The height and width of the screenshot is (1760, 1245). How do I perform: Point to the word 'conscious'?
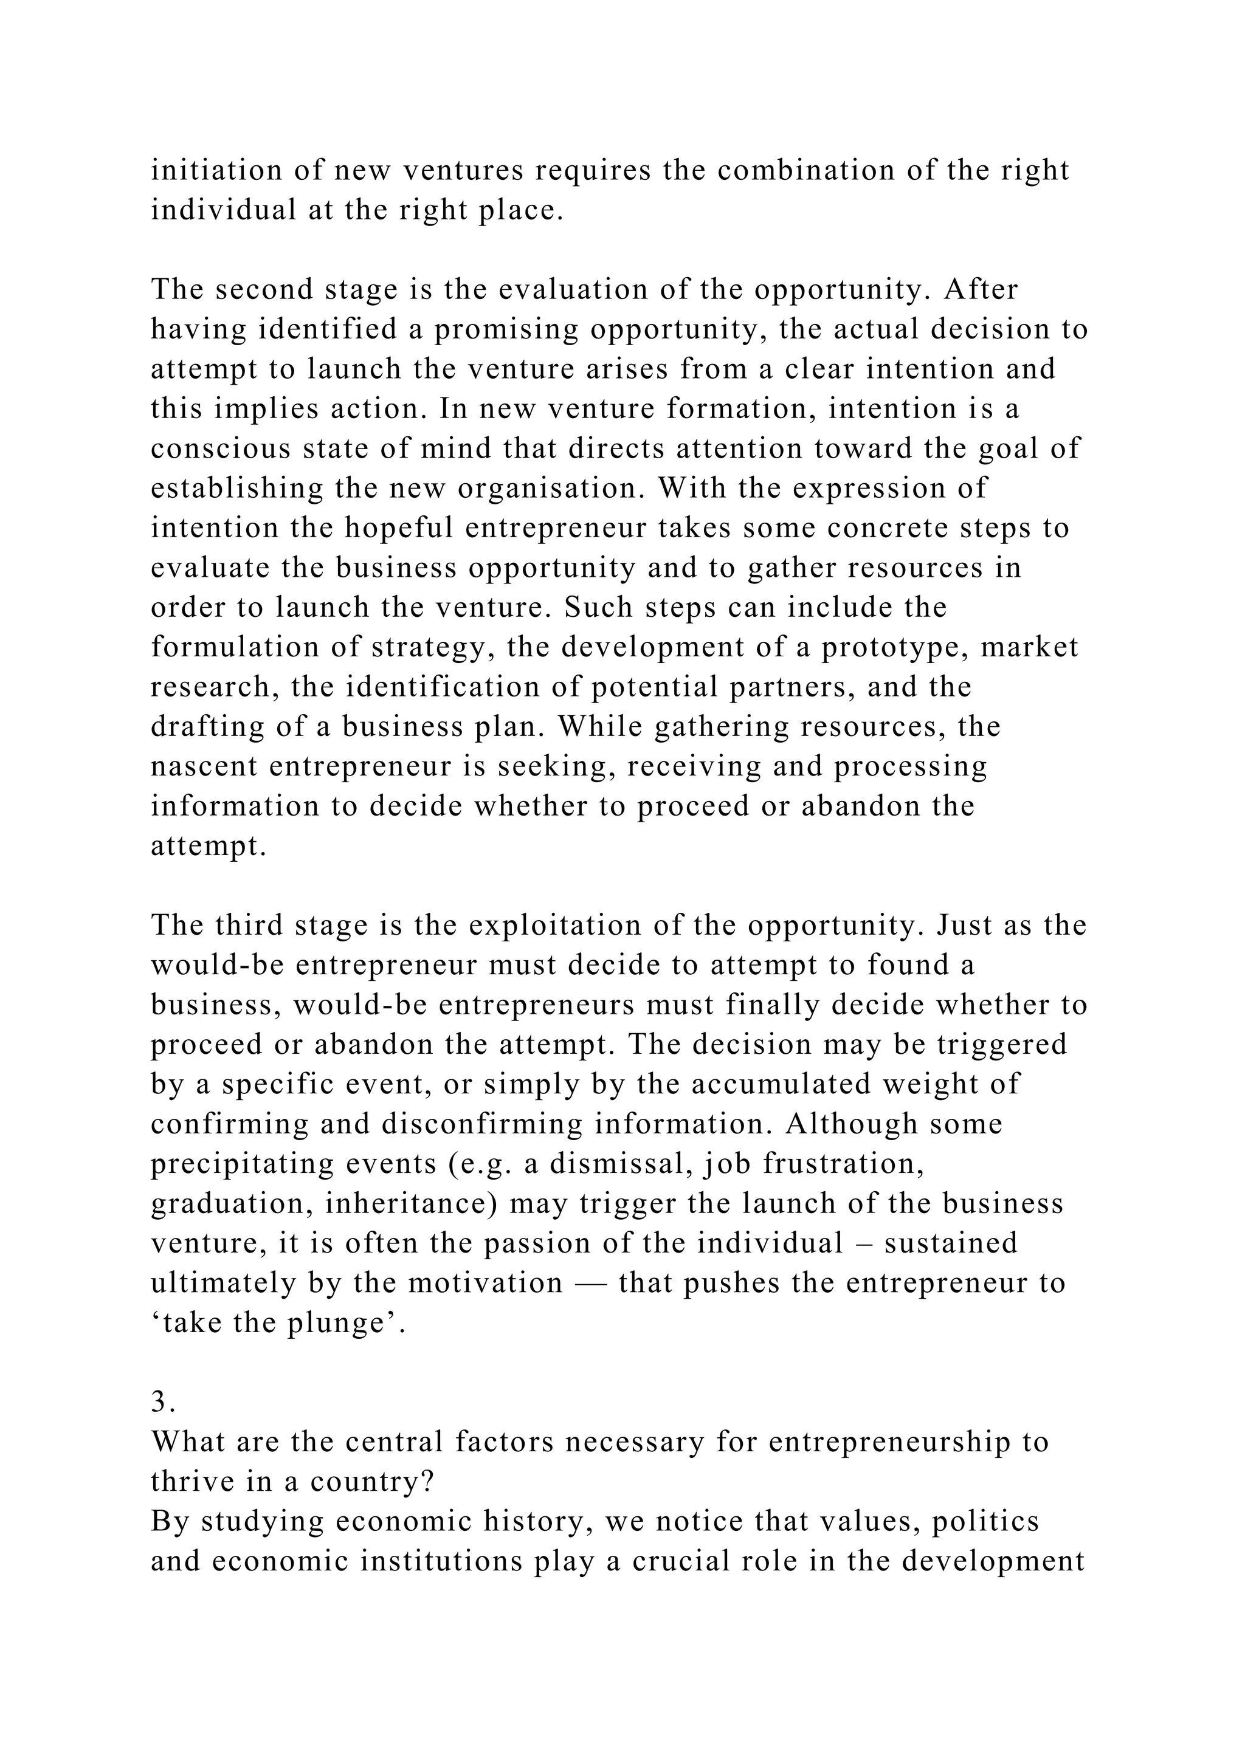coord(221,449)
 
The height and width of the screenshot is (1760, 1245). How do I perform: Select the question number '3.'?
coord(164,1402)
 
